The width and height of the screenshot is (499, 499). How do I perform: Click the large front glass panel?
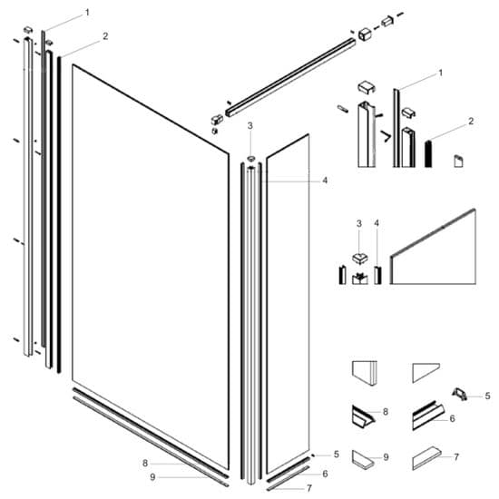(150, 263)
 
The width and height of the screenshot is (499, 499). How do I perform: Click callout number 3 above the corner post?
(250, 125)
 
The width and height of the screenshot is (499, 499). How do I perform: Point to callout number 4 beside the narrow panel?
(324, 180)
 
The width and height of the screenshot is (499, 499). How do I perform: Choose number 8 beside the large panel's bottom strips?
(144, 463)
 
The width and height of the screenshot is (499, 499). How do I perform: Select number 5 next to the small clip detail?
(486, 396)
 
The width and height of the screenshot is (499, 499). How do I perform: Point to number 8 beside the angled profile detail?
(385, 412)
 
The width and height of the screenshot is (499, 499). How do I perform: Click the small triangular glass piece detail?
(425, 373)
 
